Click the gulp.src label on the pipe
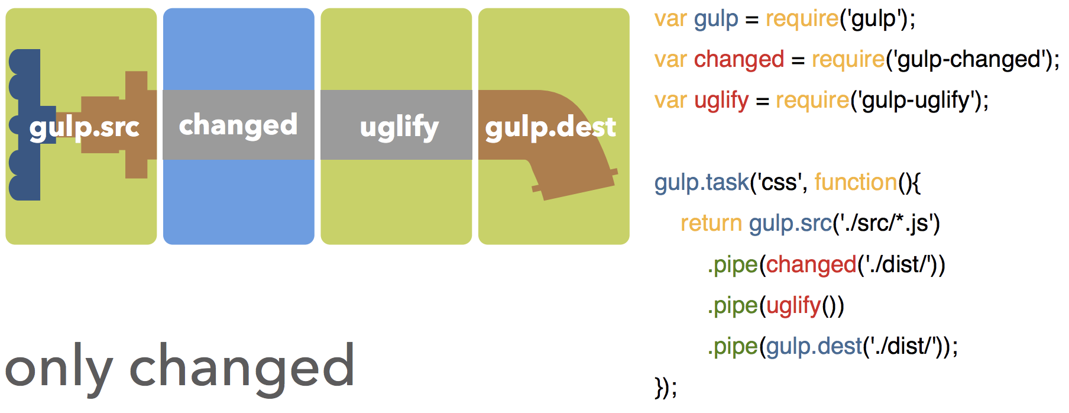click(85, 127)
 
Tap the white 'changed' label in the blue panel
click(238, 125)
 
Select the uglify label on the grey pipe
click(399, 127)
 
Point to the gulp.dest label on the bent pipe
click(550, 127)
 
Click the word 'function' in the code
click(856, 182)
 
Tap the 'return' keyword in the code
click(711, 224)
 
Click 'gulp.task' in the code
click(702, 182)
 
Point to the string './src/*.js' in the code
click(886, 224)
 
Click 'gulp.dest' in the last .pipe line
click(815, 346)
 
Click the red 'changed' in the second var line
click(739, 60)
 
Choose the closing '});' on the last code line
click(666, 388)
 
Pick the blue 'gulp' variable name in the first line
click(716, 19)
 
